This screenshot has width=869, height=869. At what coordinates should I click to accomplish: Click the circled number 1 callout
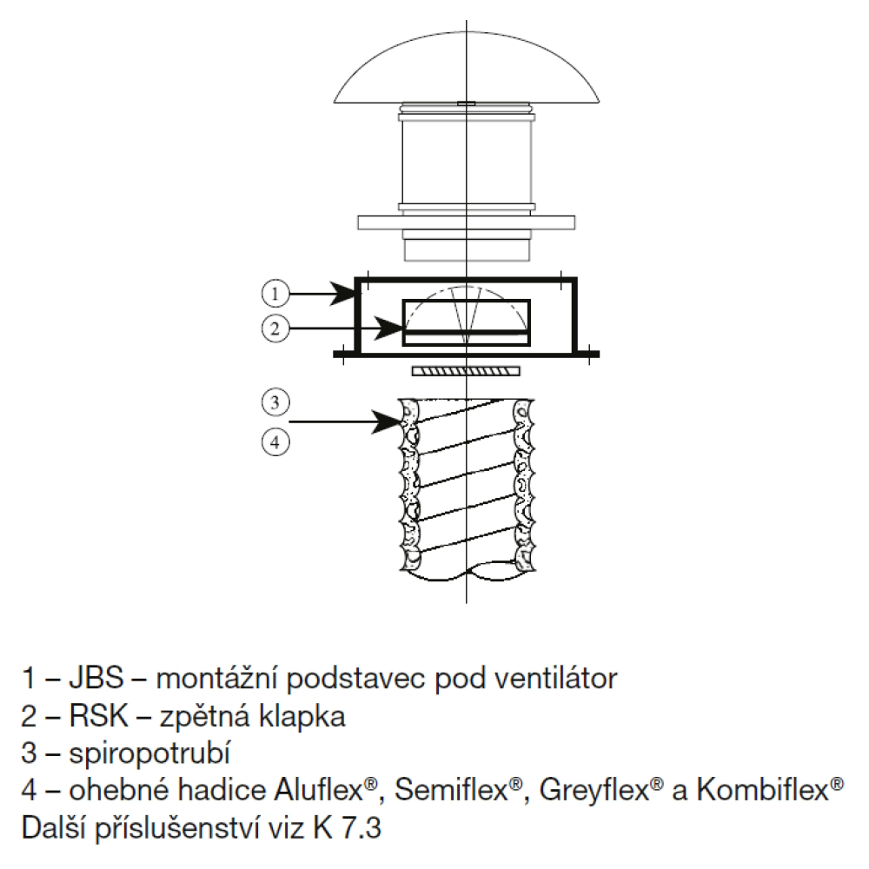point(275,293)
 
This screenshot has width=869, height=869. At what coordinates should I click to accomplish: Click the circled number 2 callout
point(275,329)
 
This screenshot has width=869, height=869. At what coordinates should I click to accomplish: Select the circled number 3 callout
point(275,401)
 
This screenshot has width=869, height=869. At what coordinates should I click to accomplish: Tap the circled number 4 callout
point(275,441)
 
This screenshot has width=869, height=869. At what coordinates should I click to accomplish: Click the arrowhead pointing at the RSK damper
point(389,328)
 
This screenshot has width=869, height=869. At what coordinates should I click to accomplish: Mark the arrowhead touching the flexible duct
point(385,421)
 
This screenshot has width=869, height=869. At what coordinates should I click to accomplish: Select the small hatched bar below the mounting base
point(466,370)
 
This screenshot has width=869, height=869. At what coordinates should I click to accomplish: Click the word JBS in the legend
point(96,679)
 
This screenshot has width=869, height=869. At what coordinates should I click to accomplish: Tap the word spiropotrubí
point(149,753)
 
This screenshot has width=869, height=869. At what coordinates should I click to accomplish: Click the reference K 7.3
point(347,828)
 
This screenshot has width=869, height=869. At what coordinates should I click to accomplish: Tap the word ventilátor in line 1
point(555,679)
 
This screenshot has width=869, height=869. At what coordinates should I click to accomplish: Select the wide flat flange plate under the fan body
point(466,222)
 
